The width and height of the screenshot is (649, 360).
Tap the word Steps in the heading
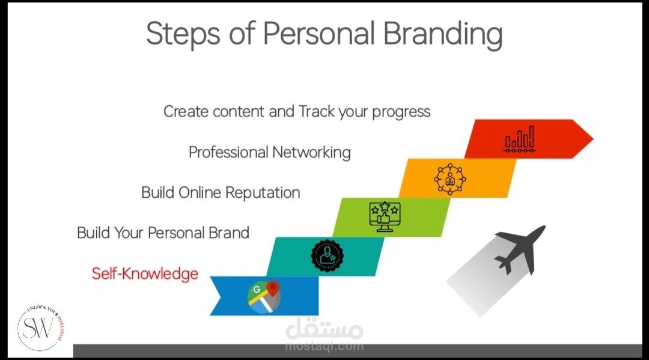[183, 33]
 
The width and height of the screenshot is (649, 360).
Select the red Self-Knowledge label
[145, 273]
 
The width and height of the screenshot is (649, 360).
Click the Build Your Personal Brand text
[163, 233]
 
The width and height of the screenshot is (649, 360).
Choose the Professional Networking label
[269, 152]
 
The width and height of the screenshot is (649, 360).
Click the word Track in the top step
[316, 111]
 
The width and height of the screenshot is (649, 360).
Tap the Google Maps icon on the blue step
[264, 297]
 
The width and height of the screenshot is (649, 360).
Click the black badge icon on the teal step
[327, 255]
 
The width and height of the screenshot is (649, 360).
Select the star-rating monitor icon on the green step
[385, 216]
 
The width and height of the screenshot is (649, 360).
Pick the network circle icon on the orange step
[450, 179]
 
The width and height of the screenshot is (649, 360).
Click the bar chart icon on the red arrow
[519, 139]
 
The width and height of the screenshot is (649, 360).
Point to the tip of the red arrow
[593, 139]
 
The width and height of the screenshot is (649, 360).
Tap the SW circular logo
[40, 328]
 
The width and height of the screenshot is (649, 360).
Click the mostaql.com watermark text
[324, 346]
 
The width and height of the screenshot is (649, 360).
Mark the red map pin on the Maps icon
[273, 288]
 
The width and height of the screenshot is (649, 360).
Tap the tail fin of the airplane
[505, 265]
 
